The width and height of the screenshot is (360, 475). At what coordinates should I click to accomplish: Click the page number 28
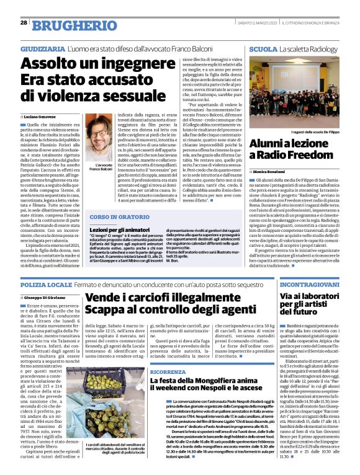[24, 22]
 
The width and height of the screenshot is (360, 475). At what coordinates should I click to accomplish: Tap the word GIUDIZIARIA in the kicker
[42, 48]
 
